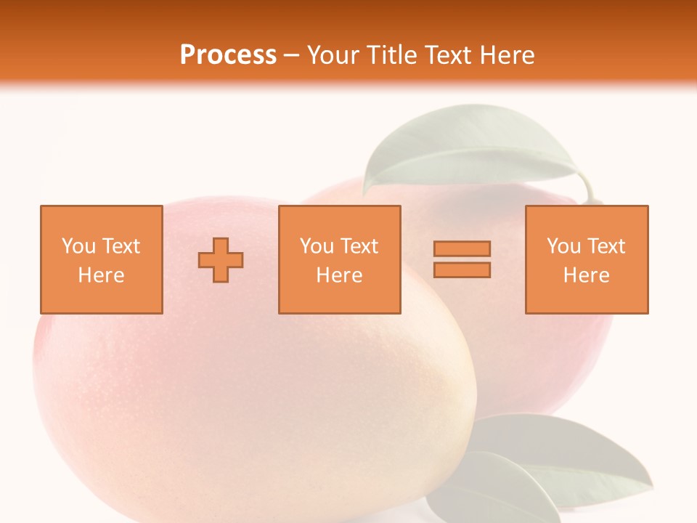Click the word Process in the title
click(228, 55)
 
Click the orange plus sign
click(221, 260)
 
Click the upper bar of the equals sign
click(462, 249)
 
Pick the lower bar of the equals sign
click(462, 270)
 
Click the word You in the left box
click(78, 246)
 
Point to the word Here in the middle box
click(339, 275)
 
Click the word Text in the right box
click(605, 246)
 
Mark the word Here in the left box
click(101, 275)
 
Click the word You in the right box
click(563, 246)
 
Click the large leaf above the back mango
click(465, 149)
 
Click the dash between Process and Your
click(292, 55)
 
